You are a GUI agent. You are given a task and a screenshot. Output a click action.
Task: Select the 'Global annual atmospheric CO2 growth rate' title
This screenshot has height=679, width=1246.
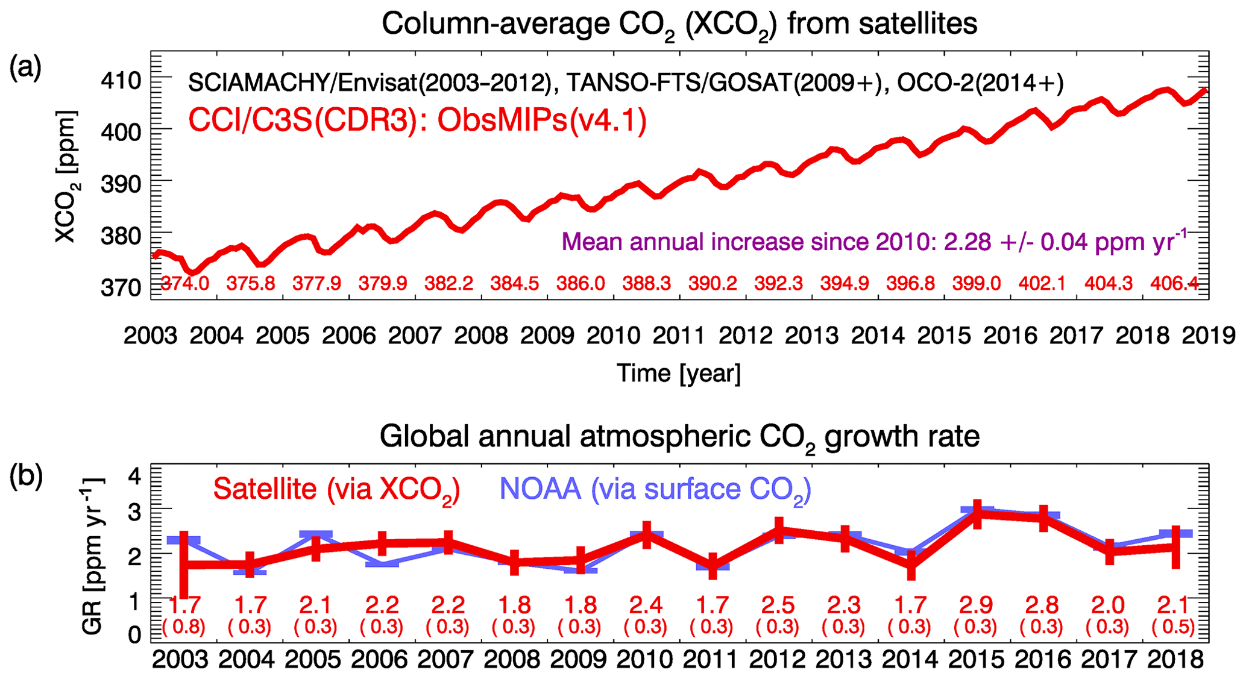click(679, 437)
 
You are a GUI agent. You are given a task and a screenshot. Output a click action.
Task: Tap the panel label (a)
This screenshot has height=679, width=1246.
click(25, 67)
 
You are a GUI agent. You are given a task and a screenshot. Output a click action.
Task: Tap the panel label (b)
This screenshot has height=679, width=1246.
click(25, 476)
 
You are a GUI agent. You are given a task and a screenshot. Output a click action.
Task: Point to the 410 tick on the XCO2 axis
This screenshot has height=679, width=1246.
click(121, 80)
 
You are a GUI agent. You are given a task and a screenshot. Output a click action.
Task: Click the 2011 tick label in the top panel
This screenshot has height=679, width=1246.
click(679, 336)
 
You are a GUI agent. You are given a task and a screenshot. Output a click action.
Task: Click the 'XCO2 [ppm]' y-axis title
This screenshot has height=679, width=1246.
click(66, 177)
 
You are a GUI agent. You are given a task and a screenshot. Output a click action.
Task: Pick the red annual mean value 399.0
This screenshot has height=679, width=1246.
click(977, 283)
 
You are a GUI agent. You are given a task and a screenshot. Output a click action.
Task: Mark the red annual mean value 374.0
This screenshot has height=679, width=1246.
click(184, 283)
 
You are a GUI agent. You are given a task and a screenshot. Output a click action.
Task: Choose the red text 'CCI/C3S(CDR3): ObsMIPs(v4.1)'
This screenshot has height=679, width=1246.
click(417, 120)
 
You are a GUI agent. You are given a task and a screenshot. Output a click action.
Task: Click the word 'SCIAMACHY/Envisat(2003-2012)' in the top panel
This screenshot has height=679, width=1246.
click(370, 83)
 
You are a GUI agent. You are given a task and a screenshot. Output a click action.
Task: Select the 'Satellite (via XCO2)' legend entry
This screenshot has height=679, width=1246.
click(336, 489)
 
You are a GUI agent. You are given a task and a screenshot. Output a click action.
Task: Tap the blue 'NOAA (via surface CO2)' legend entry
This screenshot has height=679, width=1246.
click(655, 489)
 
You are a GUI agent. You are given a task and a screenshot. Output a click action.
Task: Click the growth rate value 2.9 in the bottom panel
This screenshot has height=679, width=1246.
click(977, 604)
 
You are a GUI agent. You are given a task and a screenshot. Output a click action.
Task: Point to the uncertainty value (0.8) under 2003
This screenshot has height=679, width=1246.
click(184, 627)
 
